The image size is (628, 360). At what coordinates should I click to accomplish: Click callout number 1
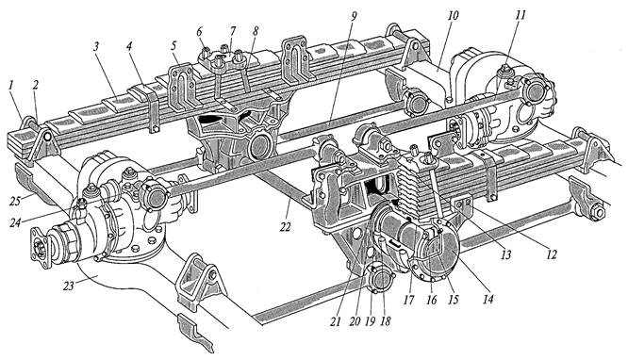tap(11, 85)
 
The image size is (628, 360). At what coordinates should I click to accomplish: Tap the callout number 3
tap(96, 46)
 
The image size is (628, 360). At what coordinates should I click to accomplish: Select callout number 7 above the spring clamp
tap(233, 30)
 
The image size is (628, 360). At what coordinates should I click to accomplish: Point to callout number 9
tap(354, 16)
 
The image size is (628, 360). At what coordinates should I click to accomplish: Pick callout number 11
tap(521, 16)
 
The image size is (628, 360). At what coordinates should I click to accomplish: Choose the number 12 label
tap(552, 254)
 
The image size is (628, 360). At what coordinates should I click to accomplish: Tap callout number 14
tap(488, 299)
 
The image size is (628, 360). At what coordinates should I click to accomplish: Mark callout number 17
tap(408, 300)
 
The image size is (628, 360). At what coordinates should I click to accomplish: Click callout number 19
tap(371, 321)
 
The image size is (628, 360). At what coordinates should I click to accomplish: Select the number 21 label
tap(336, 321)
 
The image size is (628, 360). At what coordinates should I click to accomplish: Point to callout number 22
tap(285, 227)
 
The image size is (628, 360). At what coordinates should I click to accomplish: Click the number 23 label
tap(69, 286)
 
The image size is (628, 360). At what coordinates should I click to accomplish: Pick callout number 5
tap(173, 46)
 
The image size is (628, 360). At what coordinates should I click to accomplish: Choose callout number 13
tap(506, 254)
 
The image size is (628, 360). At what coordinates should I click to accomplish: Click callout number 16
tap(431, 300)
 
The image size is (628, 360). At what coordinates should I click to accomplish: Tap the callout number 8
tap(256, 30)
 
